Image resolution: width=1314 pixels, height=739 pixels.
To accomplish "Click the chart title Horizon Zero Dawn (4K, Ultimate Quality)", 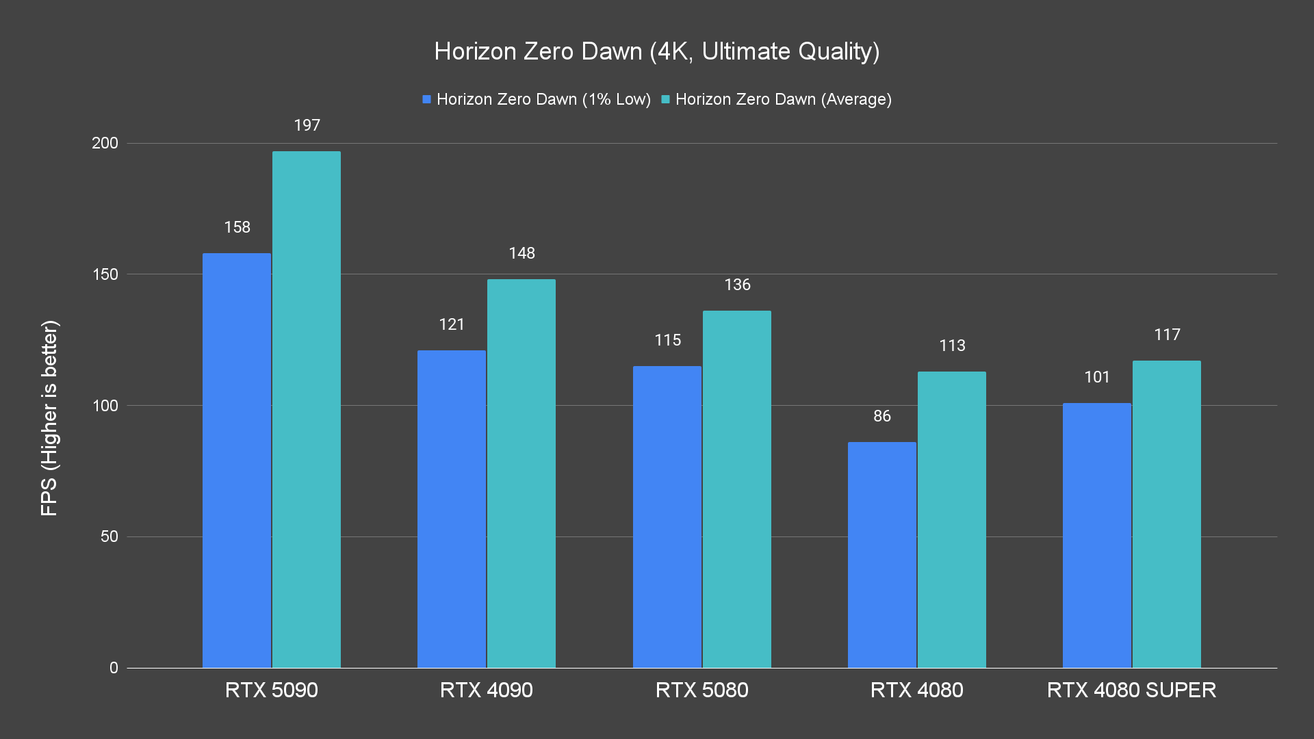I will [x=657, y=51].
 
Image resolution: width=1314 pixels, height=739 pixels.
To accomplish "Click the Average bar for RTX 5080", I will [x=737, y=489].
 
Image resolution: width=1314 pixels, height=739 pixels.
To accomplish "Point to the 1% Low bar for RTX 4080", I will [x=882, y=554].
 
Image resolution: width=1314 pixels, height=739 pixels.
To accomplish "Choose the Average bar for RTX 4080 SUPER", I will [x=1167, y=514].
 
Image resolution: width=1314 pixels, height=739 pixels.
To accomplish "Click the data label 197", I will [x=307, y=125].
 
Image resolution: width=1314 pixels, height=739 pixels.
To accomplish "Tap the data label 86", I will [x=882, y=416].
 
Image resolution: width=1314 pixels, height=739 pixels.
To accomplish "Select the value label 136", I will [x=738, y=285].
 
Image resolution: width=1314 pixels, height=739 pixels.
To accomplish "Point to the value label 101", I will [x=1097, y=377].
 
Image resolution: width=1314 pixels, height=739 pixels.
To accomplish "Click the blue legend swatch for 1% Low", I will [x=426, y=99].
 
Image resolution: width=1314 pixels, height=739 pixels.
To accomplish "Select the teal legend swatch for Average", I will [x=665, y=99].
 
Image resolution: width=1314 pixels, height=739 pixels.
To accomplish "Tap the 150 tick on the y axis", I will [x=105, y=274].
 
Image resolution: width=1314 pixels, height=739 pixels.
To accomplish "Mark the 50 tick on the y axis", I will [x=109, y=536].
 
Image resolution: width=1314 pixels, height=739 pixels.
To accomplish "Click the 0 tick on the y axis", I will [x=114, y=668].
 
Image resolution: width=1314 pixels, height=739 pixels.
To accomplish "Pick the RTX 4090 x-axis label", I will [x=487, y=690].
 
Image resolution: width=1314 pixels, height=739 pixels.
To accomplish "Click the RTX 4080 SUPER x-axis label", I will [x=1132, y=690].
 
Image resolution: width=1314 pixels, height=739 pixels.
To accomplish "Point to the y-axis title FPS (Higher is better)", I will [x=49, y=417].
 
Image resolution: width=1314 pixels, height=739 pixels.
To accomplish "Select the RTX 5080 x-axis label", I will [x=702, y=690].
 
